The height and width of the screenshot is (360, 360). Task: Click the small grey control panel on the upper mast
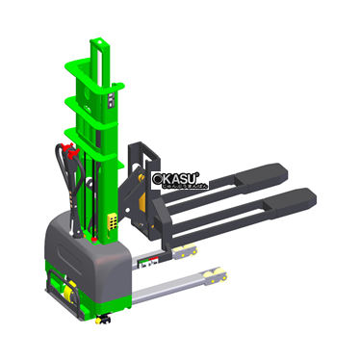point(113,97)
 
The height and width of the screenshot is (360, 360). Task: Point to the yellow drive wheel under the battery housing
point(67,290)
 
